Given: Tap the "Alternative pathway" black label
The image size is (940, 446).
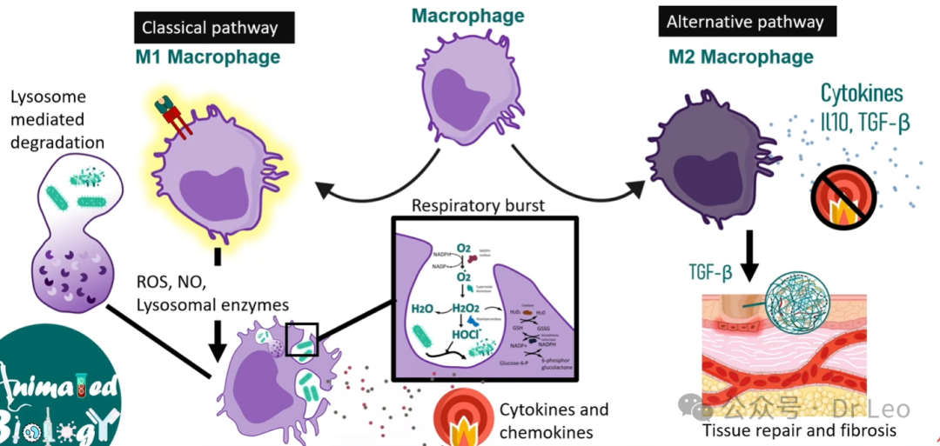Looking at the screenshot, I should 745,23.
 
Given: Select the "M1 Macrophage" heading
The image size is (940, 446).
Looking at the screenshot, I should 206,57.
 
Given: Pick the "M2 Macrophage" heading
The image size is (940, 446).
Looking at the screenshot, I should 741,57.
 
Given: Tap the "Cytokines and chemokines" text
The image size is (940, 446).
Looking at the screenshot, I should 554,421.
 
